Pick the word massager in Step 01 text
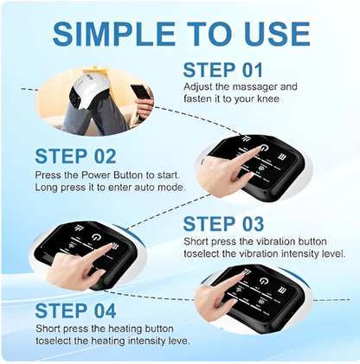click(x=249, y=87)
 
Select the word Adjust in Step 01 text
click(x=198, y=87)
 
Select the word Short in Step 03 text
click(x=198, y=242)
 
